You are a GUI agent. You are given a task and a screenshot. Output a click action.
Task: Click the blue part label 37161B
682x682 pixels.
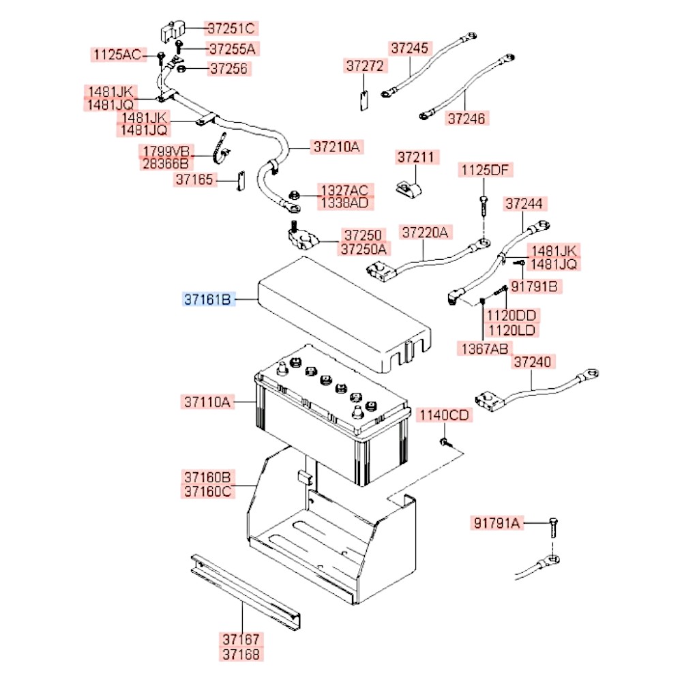tap(208, 299)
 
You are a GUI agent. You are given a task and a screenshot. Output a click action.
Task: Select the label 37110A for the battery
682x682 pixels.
tap(208, 402)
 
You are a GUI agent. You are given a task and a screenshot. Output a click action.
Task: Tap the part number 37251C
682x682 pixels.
tap(231, 29)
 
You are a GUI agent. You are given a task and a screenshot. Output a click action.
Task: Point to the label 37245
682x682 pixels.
tap(411, 48)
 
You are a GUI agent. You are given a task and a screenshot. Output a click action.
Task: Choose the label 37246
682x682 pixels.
tap(466, 119)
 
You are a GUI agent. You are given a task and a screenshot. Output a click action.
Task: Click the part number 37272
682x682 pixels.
tap(365, 66)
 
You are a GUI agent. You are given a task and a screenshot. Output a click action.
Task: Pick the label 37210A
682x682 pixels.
tap(336, 147)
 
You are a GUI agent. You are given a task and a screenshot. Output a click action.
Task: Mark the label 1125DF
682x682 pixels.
tap(485, 170)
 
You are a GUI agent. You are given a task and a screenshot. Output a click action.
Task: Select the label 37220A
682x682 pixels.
tap(426, 233)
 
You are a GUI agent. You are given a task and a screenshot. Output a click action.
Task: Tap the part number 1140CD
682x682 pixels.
tap(444, 415)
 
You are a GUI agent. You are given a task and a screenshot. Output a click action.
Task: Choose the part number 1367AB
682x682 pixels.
tap(483, 349)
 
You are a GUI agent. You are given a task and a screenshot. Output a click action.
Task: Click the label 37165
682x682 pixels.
tap(196, 180)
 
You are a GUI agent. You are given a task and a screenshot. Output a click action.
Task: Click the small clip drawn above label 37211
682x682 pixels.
tap(409, 186)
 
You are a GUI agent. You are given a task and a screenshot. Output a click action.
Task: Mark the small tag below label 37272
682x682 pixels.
tap(364, 100)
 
